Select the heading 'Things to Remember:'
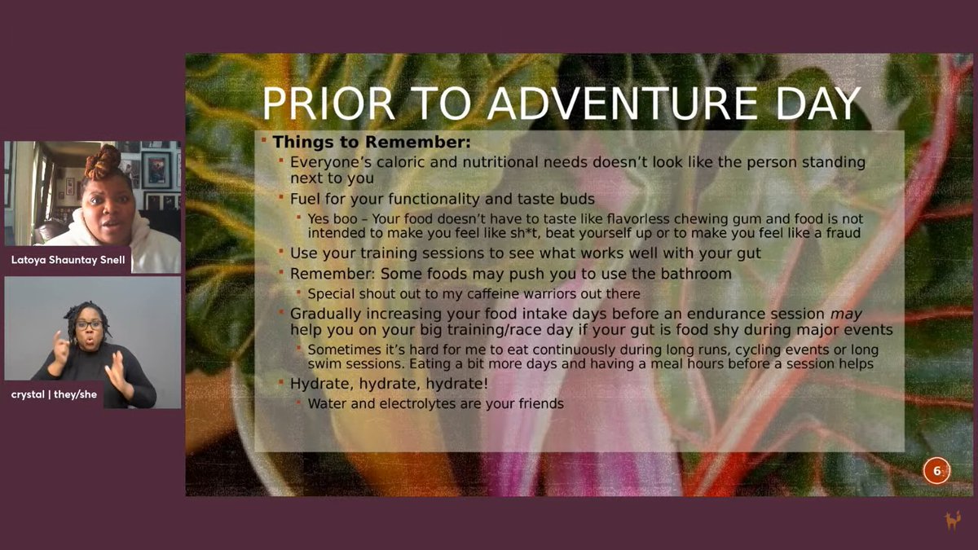(x=372, y=142)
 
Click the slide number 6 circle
(x=936, y=470)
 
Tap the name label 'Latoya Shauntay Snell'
(x=67, y=260)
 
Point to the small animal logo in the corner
(x=951, y=520)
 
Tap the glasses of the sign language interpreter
(x=89, y=324)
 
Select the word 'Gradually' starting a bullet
(x=328, y=314)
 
